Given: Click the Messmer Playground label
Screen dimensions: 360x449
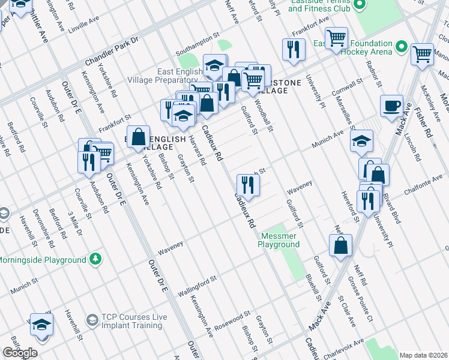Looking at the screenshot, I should click(279, 240).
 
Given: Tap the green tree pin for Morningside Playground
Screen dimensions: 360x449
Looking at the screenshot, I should click(95, 259).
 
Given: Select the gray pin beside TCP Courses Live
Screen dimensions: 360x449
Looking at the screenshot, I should click(92, 320).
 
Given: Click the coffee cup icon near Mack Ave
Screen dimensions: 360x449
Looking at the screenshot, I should click(391, 106).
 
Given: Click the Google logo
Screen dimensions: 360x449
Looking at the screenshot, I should click(20, 353).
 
